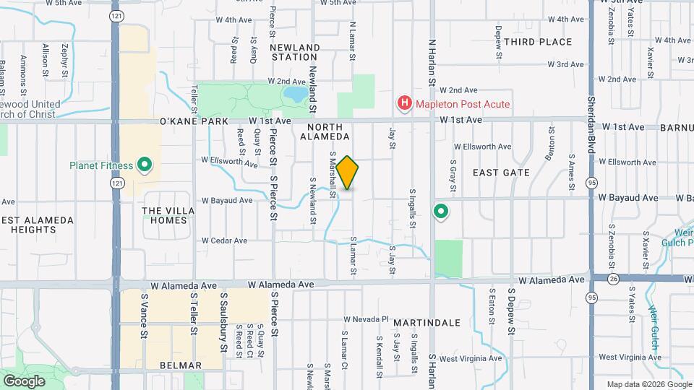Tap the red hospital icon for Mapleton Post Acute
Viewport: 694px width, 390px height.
pos(404,104)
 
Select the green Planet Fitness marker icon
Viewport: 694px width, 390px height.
pos(145,165)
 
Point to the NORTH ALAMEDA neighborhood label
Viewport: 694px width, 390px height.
pos(324,131)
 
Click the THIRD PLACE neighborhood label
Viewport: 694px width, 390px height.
pos(538,42)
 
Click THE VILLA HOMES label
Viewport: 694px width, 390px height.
pos(168,215)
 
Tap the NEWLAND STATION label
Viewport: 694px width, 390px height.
pos(294,52)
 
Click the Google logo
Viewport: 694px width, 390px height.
pos(24,381)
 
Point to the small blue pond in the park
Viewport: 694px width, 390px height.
pos(295,95)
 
